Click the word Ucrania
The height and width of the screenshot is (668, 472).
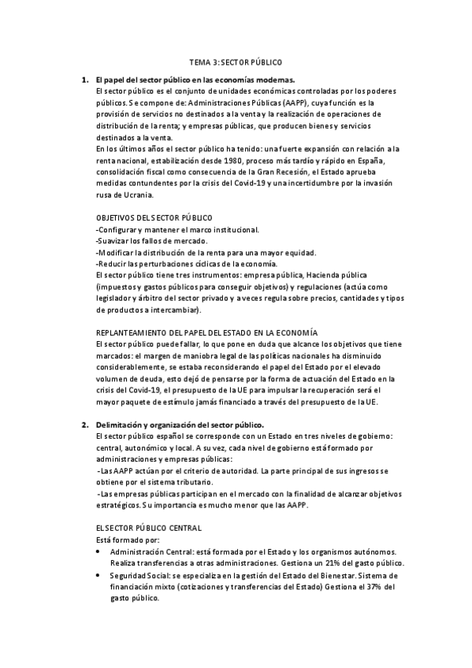[x=139, y=194]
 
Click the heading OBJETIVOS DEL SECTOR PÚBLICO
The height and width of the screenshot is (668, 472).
[x=153, y=217]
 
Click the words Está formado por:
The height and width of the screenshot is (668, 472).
[x=127, y=540]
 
